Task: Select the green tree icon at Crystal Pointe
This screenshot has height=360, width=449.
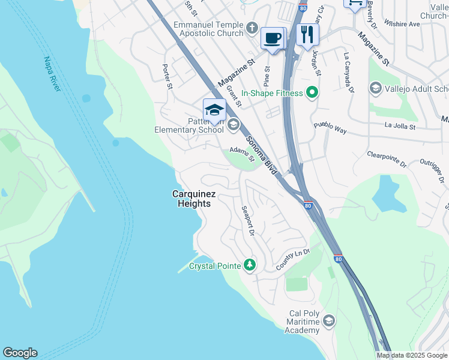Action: (x=250, y=265)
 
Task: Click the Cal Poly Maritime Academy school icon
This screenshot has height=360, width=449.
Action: (x=328, y=321)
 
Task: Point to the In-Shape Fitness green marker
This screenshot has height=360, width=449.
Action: (x=312, y=93)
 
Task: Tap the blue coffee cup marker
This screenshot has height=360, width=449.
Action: (x=273, y=38)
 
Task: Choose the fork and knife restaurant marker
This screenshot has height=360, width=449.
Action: (x=307, y=34)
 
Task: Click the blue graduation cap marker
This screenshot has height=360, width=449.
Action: (x=214, y=110)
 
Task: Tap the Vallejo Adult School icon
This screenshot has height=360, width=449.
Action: (x=376, y=89)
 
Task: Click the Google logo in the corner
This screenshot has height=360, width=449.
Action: (x=20, y=353)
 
